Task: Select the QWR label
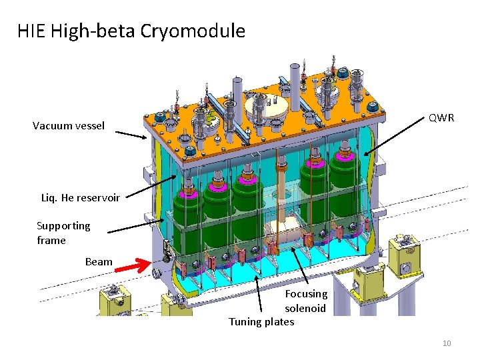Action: [441, 118]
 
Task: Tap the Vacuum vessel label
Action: [69, 125]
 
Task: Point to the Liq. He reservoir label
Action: [81, 197]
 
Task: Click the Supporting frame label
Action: [63, 233]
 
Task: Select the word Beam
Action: [99, 261]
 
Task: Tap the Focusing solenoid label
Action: [306, 301]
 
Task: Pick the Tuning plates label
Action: [261, 322]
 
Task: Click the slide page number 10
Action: [447, 343]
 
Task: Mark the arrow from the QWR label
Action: [396, 136]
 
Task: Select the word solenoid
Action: [306, 308]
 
